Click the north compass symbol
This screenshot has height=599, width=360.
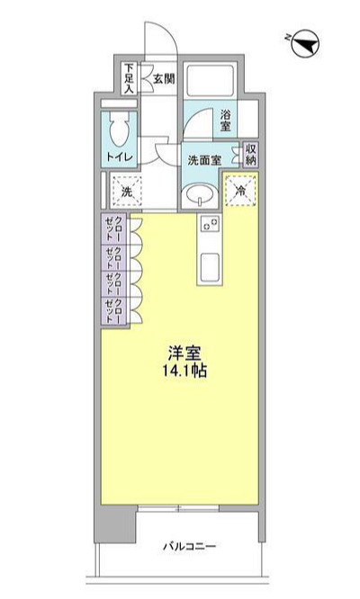click(x=305, y=45)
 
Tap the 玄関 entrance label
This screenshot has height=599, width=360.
click(x=164, y=79)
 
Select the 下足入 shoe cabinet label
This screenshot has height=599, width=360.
click(x=130, y=79)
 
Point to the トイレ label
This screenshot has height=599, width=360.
click(x=119, y=157)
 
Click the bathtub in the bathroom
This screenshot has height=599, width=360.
click(x=209, y=81)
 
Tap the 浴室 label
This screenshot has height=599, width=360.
click(x=226, y=121)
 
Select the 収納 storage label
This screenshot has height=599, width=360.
click(x=251, y=155)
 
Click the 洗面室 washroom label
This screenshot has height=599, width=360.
click(x=204, y=160)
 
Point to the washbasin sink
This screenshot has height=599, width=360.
click(x=200, y=195)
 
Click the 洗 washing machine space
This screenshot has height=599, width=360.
click(x=127, y=192)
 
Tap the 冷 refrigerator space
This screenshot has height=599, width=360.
click(x=240, y=191)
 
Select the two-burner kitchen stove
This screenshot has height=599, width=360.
click(x=210, y=224)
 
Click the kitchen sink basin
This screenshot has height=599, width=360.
click(x=210, y=266)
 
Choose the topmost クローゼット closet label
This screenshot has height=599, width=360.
click(x=114, y=228)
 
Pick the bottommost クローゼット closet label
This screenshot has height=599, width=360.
click(x=114, y=310)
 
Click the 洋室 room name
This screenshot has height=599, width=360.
click(x=184, y=353)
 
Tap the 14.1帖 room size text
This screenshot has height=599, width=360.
click(x=185, y=371)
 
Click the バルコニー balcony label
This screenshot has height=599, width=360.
click(x=190, y=546)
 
